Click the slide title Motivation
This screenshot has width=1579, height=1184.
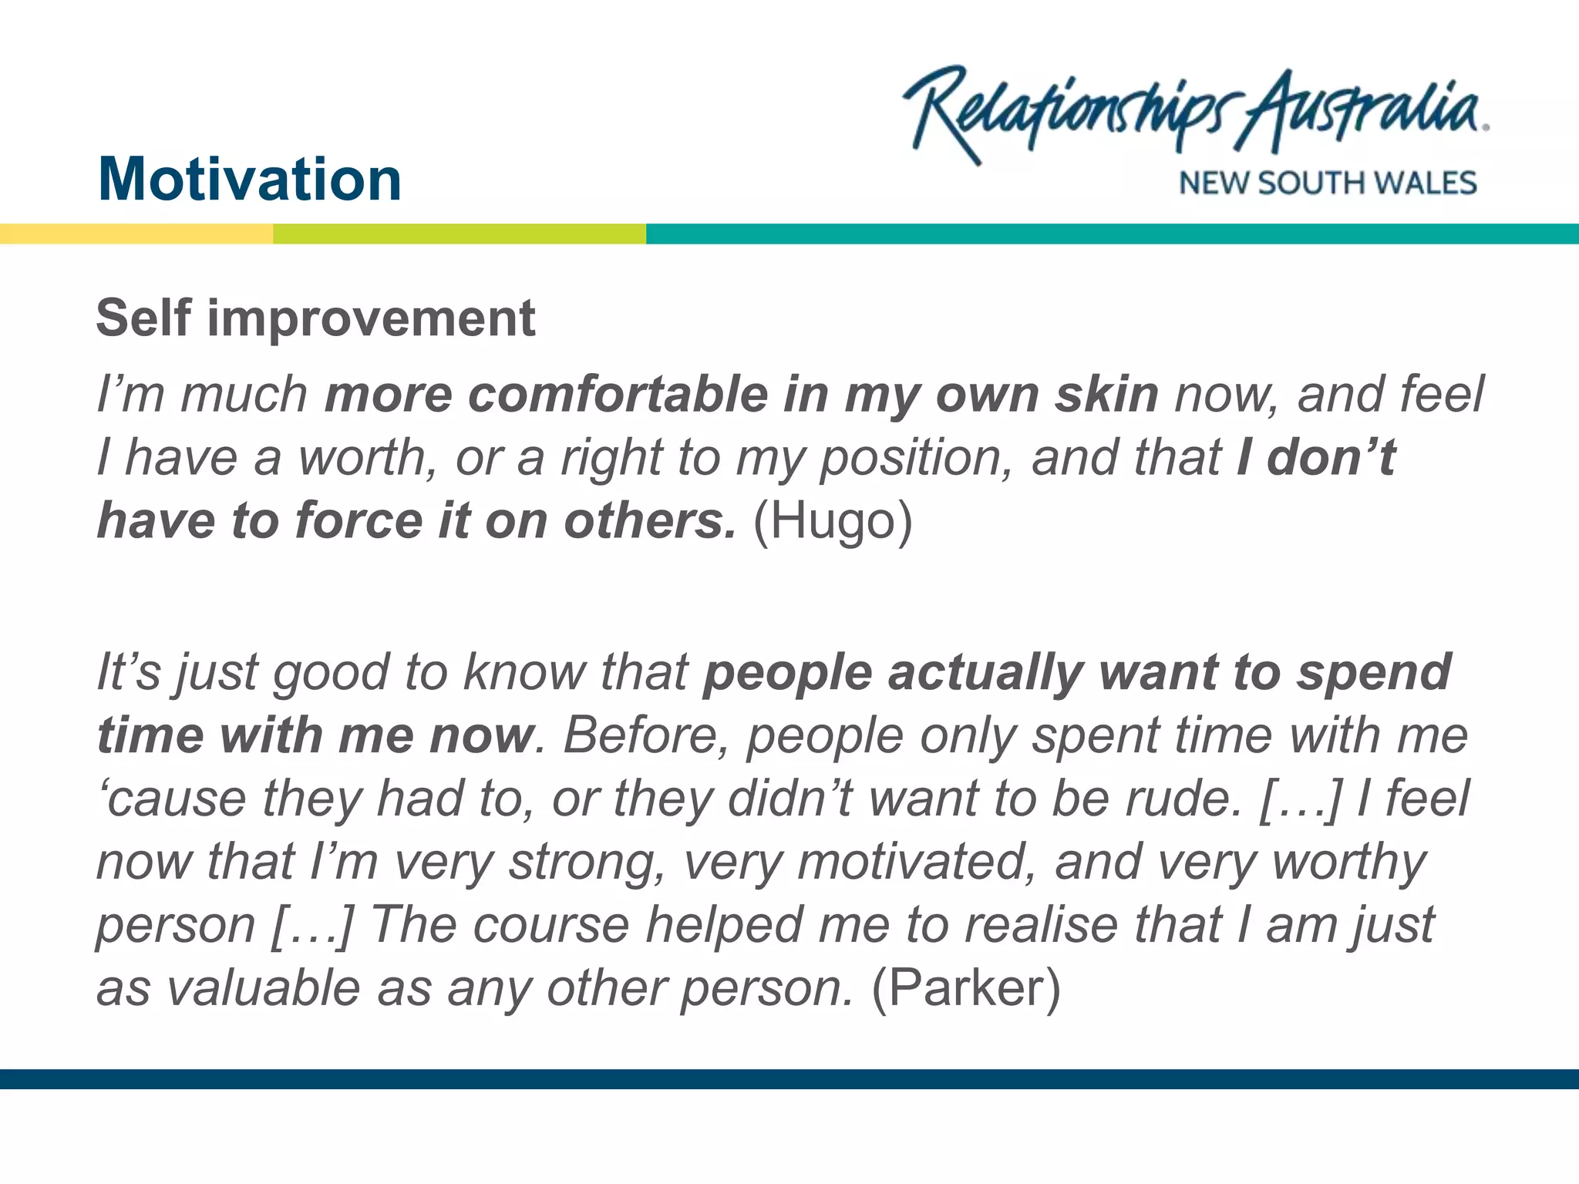250,180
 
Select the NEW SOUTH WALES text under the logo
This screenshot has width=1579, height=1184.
1327,183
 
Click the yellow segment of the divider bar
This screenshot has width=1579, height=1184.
136,234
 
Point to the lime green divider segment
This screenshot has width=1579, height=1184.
460,234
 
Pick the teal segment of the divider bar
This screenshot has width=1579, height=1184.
1112,234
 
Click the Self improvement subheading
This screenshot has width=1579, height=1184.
315,318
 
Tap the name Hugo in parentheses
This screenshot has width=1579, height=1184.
833,521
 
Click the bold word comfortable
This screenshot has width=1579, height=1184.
618,395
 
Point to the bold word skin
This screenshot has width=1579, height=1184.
1106,395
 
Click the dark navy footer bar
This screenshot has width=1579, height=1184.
789,1078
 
